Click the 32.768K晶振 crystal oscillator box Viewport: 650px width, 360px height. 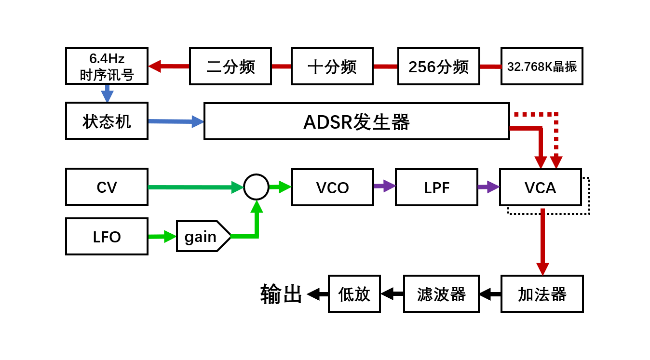(542, 67)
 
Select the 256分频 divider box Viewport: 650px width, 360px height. (438, 67)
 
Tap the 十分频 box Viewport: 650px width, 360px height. (332, 67)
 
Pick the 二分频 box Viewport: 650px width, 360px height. (230, 67)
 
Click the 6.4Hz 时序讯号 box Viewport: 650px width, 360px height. (107, 67)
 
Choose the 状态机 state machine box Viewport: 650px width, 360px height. (107, 121)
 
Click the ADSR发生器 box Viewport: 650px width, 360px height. (356, 121)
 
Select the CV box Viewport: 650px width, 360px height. (107, 187)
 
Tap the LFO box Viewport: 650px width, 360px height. (107, 237)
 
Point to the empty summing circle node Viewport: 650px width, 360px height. (256, 187)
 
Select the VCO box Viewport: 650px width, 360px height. (332, 187)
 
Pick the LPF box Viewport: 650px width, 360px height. (436, 187)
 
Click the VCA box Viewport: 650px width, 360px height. (540, 187)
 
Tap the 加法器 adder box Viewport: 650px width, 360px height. (542, 294)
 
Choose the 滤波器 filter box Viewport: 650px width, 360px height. (441, 294)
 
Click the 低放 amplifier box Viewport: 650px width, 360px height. (354, 294)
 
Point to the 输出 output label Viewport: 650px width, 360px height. (281, 294)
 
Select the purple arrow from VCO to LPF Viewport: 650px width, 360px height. (384, 186)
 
